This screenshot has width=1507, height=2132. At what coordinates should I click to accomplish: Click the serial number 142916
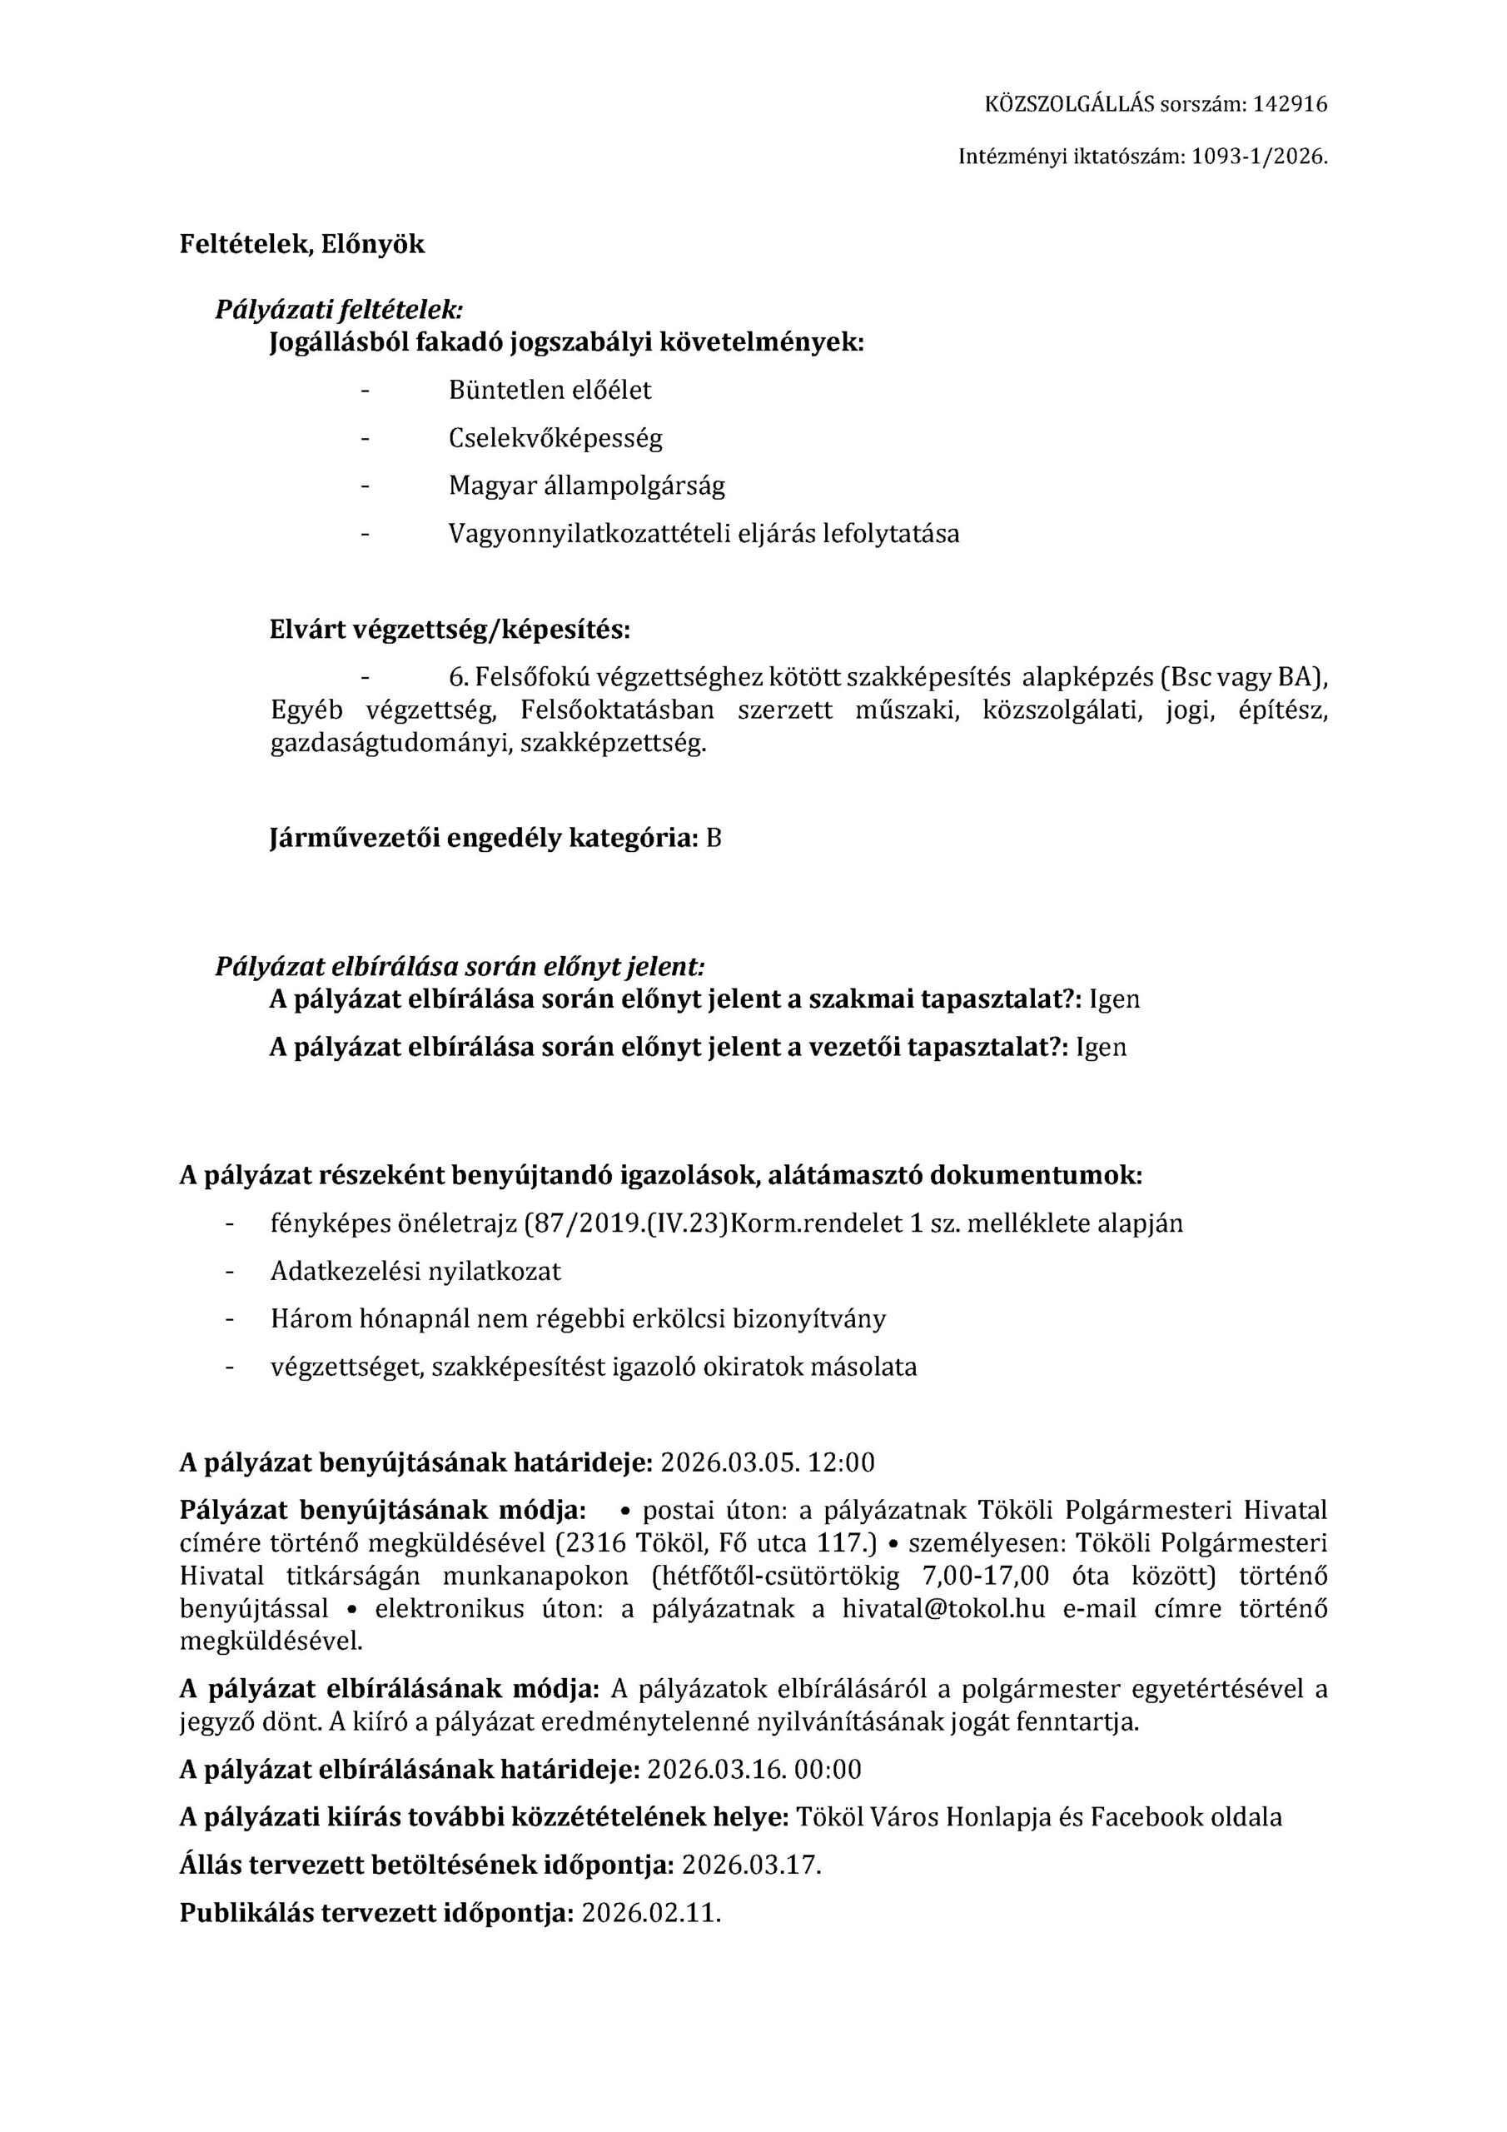click(1290, 105)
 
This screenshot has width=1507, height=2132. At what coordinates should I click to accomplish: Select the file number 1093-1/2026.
click(1259, 158)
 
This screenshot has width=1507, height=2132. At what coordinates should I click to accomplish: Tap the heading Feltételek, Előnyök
click(301, 244)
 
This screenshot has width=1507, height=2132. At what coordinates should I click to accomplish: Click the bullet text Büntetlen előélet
click(550, 390)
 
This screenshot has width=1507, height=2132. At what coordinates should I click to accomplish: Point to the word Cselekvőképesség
click(555, 438)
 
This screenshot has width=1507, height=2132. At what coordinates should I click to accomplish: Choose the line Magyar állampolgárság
click(587, 486)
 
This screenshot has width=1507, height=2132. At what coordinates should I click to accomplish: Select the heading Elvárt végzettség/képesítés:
click(450, 630)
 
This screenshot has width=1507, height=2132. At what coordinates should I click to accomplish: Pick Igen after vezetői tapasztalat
click(1102, 1048)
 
